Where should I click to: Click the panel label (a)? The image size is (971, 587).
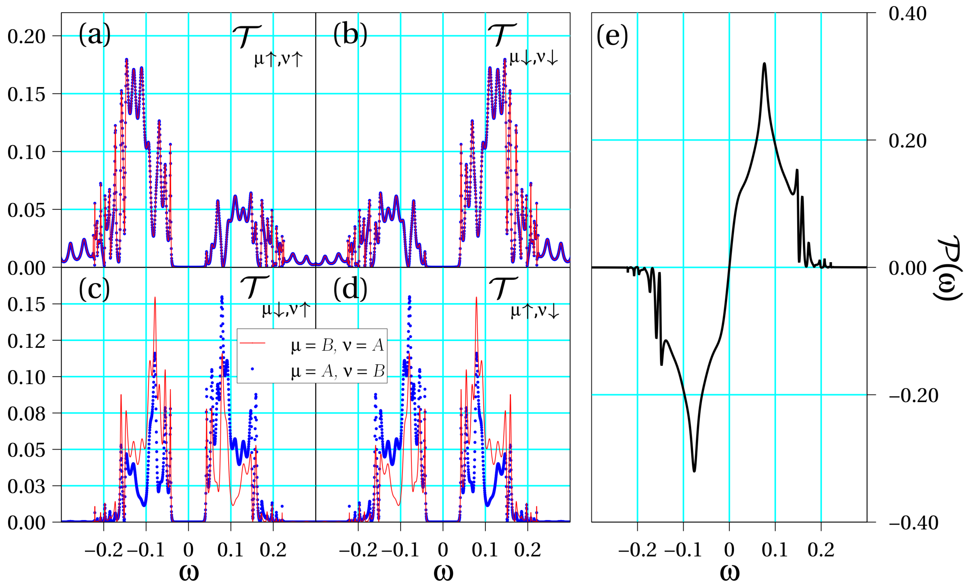(x=95, y=35)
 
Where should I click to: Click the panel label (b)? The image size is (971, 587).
(x=350, y=35)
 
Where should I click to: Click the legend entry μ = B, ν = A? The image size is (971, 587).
(x=337, y=345)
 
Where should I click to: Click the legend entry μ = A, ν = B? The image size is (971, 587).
(x=337, y=371)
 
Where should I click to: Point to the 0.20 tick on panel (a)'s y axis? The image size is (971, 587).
(x=26, y=36)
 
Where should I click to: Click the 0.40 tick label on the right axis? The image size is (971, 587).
(x=907, y=14)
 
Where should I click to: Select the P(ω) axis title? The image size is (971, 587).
(x=948, y=268)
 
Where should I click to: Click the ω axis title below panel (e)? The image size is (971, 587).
(x=730, y=572)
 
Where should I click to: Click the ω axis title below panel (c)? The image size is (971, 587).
(x=189, y=572)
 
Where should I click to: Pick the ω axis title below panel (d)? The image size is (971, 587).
(x=443, y=572)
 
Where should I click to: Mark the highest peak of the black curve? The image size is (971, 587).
(x=765, y=64)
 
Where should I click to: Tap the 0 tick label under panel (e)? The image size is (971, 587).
(x=730, y=550)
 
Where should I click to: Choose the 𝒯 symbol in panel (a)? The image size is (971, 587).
(x=246, y=36)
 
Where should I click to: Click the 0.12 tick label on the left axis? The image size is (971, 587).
(x=26, y=341)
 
